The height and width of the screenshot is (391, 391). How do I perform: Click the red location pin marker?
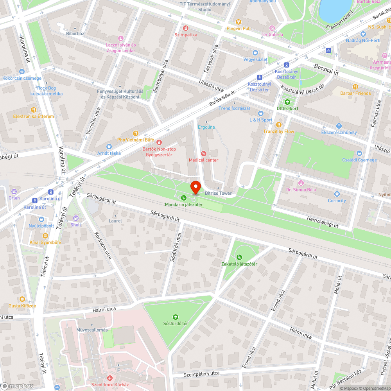pos(195,187)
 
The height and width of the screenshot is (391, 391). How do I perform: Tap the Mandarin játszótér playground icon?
pos(184,198)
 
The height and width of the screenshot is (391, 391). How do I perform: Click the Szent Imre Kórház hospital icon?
pos(110,378)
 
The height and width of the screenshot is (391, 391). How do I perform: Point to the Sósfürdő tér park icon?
pos(176,317)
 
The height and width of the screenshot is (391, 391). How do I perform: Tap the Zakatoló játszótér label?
pos(239,264)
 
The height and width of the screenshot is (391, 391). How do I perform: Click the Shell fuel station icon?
pos(75,218)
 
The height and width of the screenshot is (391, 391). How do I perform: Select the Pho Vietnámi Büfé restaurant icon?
pos(136,133)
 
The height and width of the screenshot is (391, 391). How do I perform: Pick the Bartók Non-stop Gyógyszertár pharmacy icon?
pos(159,142)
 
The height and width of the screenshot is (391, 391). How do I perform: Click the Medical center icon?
pos(203,153)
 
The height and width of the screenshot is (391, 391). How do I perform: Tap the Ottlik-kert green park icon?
pos(287,102)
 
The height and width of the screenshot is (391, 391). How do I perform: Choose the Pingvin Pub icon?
pos(239,22)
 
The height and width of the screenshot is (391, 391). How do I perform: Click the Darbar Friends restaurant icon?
pos(355,87)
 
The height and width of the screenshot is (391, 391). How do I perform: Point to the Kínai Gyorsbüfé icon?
pos(45,235)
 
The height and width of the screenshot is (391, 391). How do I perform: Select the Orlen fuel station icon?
pos(14,192)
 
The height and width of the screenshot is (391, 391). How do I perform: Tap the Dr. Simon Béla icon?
pos(301,183)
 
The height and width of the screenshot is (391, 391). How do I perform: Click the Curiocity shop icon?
pos(337,194)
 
